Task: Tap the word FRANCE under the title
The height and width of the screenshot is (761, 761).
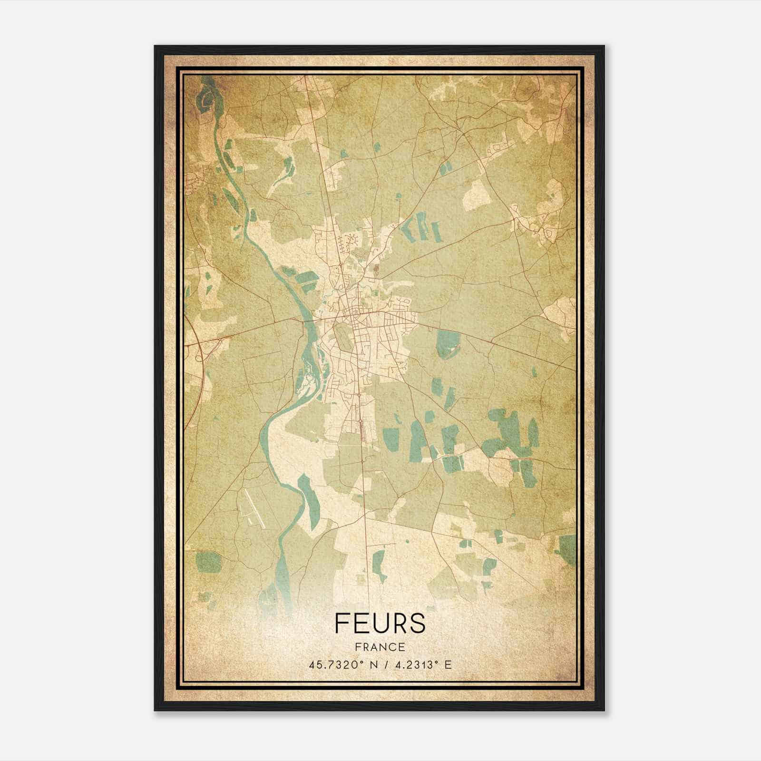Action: coord(379,647)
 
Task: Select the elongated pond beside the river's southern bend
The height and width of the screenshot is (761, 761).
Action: coord(308,499)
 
